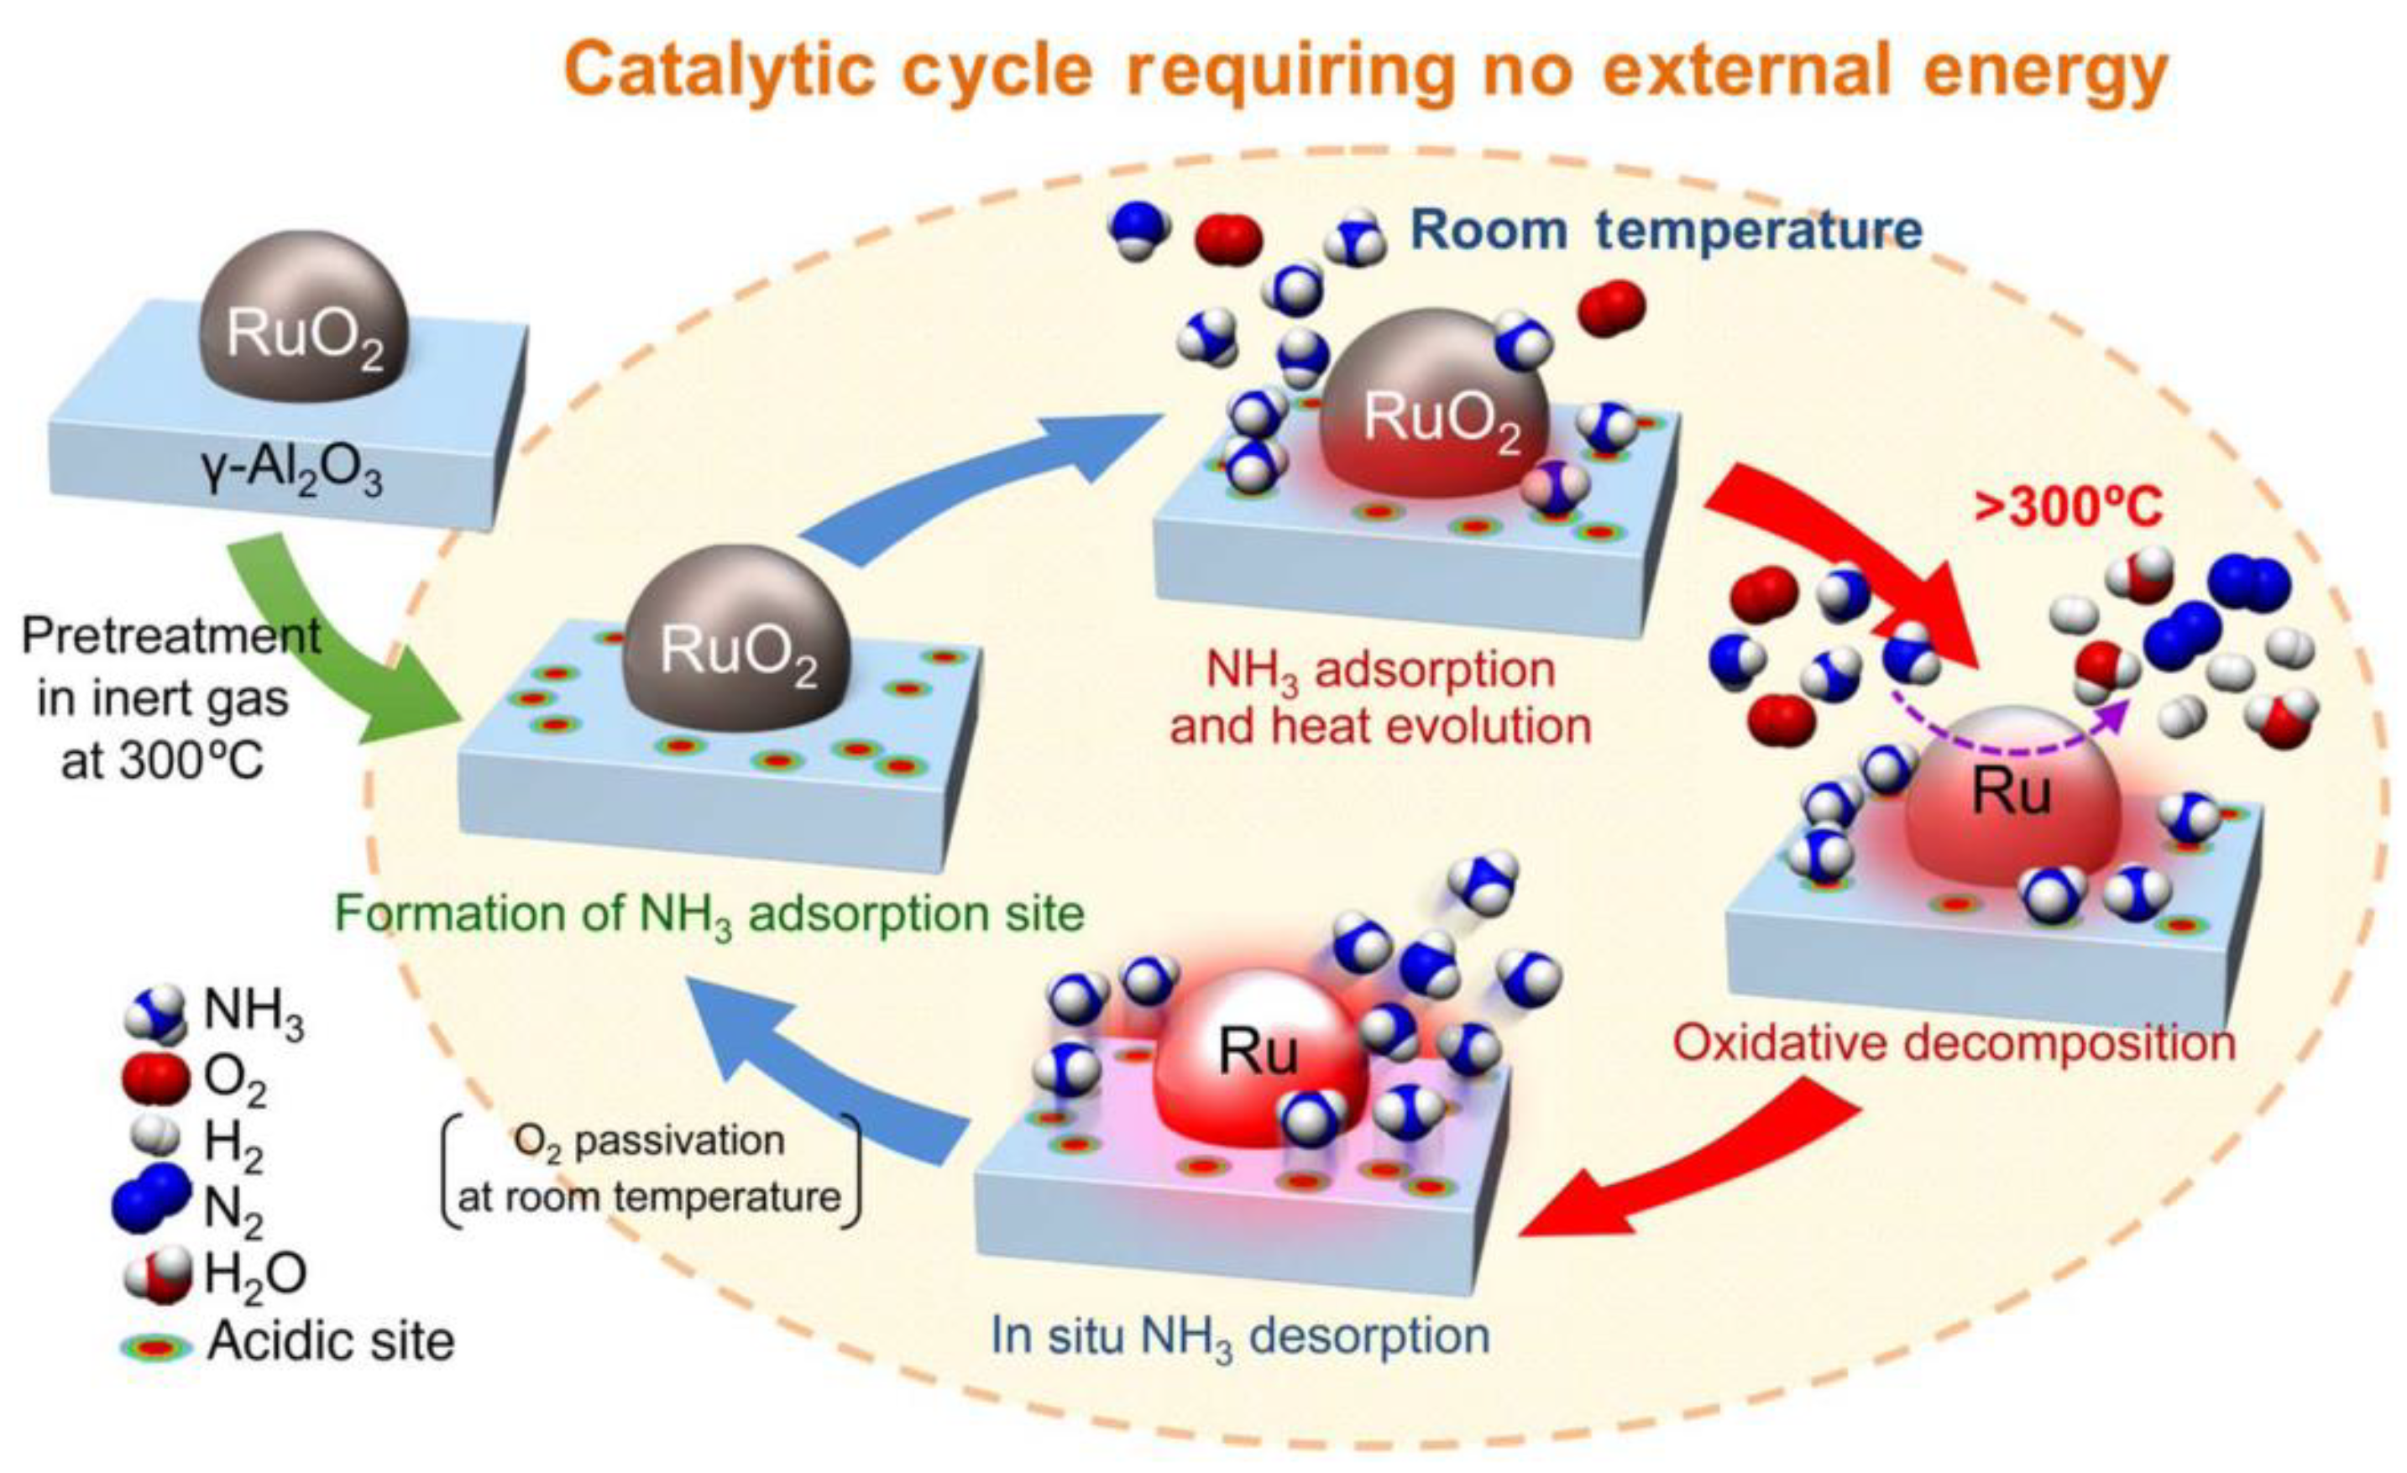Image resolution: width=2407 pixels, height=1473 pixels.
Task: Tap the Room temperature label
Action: [x=1667, y=231]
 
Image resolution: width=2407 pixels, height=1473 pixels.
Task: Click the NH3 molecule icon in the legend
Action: [x=156, y=1011]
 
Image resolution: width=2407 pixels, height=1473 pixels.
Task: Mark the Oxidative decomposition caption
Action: [x=1954, y=1043]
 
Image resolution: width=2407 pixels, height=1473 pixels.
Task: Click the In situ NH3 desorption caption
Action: [x=1241, y=1336]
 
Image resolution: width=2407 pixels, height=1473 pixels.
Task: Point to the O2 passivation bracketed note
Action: [x=650, y=1168]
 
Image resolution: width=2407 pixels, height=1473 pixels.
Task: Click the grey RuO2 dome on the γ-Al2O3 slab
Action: [x=303, y=317]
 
